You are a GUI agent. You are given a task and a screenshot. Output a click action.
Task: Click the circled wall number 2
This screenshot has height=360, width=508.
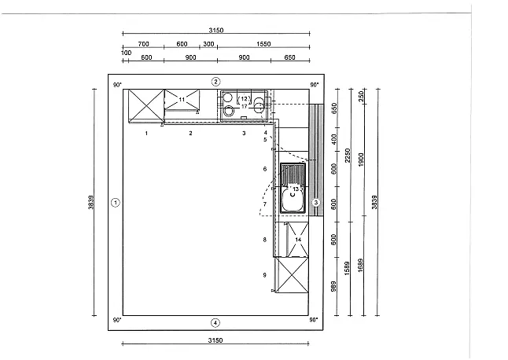coord(215,82)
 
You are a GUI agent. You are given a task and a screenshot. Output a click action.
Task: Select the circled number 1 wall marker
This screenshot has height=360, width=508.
coord(116,203)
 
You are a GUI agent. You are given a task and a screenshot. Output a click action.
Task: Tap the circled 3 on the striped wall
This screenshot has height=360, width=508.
coord(316,203)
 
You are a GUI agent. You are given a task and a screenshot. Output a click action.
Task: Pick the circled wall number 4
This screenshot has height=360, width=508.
coord(215,323)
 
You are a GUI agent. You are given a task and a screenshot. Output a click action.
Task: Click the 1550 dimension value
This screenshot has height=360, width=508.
coord(263,44)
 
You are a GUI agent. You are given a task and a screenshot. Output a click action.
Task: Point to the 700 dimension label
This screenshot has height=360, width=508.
coord(144,44)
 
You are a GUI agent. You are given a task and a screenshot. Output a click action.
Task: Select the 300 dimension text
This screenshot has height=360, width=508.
coord(208,44)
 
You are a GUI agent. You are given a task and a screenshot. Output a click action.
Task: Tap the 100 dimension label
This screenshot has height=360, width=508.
coord(127,53)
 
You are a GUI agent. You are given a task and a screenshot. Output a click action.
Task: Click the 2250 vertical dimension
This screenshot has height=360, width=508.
coord(348,156)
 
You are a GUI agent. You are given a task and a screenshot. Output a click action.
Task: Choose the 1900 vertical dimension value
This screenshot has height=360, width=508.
coord(361,160)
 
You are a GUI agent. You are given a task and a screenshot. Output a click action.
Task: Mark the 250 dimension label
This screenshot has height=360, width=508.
coord(361,96)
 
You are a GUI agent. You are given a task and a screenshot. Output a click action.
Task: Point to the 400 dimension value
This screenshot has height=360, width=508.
coord(334,140)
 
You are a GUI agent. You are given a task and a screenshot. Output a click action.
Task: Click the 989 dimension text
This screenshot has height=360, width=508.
coord(333,287)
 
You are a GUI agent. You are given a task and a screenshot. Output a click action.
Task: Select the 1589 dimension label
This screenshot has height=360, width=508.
coord(347,268)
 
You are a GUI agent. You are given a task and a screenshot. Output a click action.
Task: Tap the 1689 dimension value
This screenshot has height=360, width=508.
coord(361,265)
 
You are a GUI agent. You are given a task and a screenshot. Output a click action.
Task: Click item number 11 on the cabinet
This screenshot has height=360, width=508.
coord(182,99)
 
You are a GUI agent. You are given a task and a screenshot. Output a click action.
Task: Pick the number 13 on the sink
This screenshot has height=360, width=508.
coord(296,189)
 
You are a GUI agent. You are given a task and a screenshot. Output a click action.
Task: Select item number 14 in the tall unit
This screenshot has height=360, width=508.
coord(298,240)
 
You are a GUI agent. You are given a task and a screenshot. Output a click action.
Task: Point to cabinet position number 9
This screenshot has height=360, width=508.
coord(265,275)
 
